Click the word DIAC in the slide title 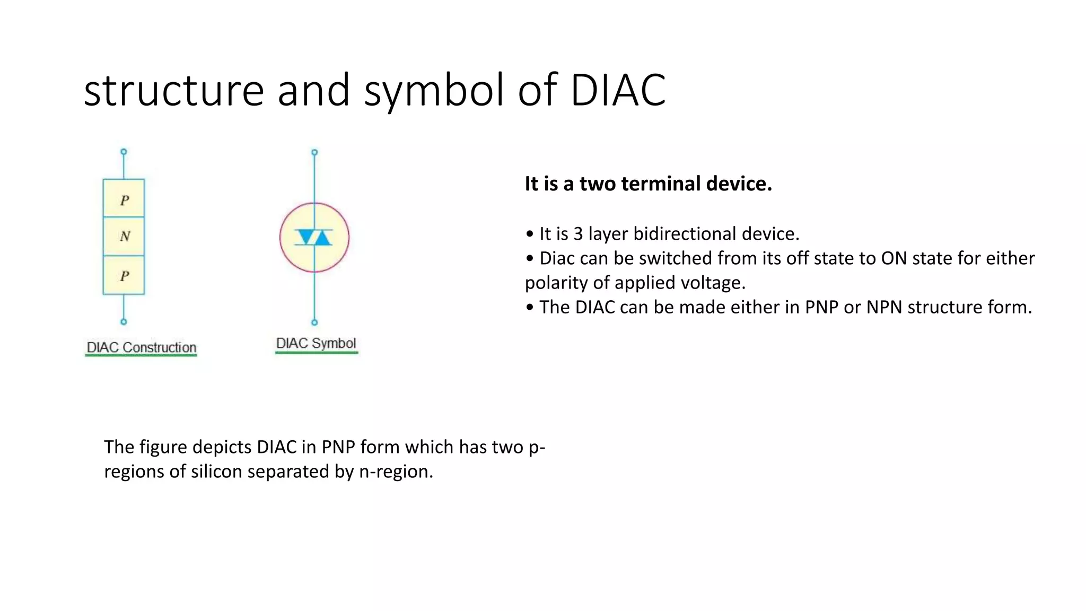click(x=618, y=90)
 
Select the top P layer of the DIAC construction click(x=124, y=199)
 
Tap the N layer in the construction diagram click(x=124, y=237)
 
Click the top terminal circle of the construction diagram click(x=124, y=152)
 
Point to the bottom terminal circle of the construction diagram click(x=124, y=322)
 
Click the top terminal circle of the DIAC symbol click(x=314, y=152)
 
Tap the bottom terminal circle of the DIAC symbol click(x=314, y=322)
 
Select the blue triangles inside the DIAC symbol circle click(x=314, y=237)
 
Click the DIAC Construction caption click(x=142, y=347)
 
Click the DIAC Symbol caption click(x=316, y=343)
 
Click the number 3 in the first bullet click(x=577, y=234)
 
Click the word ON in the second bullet click(x=894, y=258)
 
